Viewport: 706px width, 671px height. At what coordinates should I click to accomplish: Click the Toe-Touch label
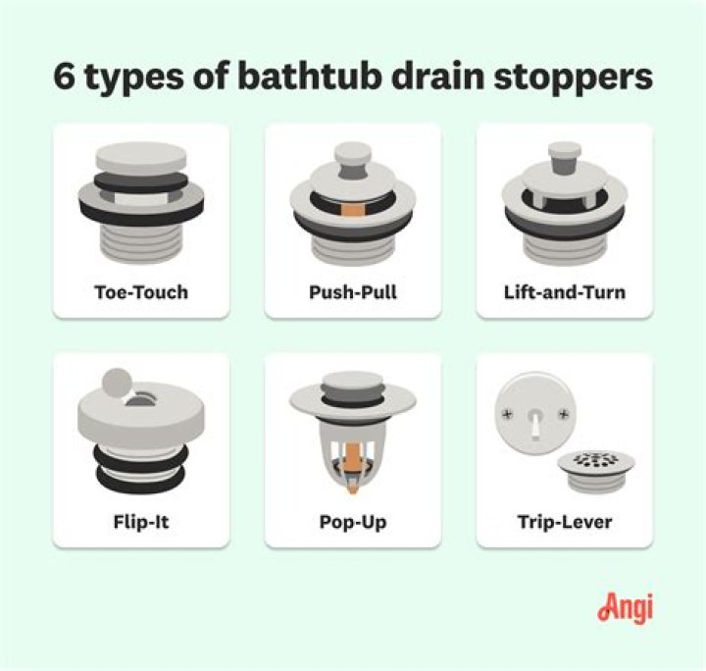coord(140,292)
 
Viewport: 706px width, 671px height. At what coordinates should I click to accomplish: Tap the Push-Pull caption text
coord(352,292)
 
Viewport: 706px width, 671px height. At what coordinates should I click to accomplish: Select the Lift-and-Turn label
coord(564,292)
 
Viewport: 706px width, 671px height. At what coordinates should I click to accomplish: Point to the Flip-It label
coord(140,522)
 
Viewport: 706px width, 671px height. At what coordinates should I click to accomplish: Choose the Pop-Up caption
coord(352,522)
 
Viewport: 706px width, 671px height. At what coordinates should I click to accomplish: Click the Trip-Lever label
coord(564,522)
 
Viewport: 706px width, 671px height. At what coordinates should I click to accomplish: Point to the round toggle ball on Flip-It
coord(117,381)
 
